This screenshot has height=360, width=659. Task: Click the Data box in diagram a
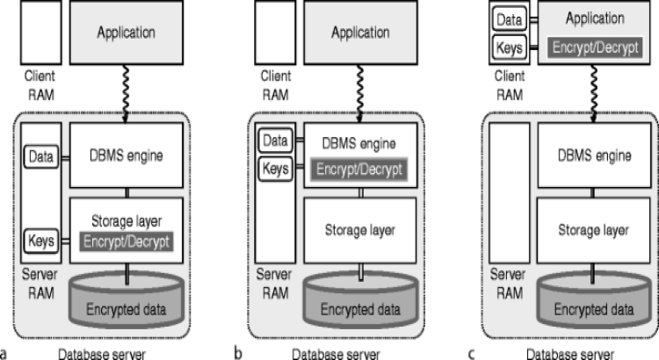[x=40, y=158]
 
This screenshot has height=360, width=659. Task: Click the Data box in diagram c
[x=511, y=18]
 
